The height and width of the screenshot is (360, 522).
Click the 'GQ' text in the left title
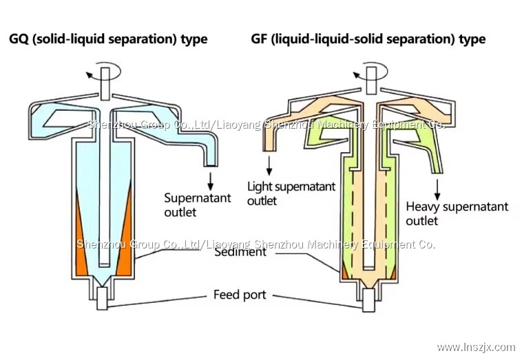click(18, 39)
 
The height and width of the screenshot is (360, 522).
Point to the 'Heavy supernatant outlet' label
click(457, 213)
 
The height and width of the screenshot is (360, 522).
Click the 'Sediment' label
click(240, 252)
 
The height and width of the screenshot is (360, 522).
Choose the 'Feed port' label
click(239, 296)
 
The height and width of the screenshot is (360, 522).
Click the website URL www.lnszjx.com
click(476, 347)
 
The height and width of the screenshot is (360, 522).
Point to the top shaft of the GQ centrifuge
click(105, 81)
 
